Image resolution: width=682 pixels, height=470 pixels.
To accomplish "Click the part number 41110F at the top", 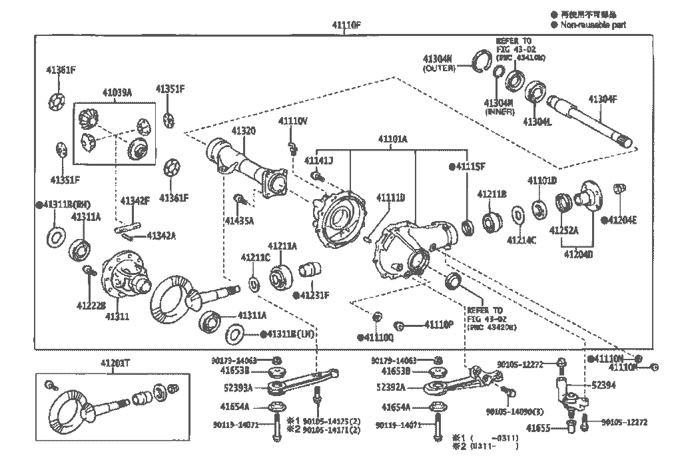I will (x=346, y=25).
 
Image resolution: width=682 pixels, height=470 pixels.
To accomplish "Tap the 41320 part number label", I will (x=243, y=130).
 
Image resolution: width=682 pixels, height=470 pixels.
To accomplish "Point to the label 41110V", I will (x=292, y=121).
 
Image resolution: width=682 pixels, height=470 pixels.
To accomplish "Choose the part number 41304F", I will (x=602, y=99).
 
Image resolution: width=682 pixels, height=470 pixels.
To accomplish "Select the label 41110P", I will (x=439, y=325).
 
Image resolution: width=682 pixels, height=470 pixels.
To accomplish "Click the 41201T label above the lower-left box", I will (x=115, y=363).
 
